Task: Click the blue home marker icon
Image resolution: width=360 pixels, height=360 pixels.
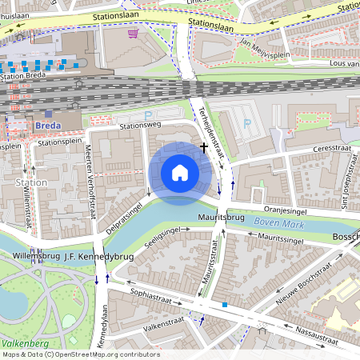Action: (x=180, y=173)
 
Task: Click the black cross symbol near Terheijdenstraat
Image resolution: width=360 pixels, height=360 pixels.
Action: (x=205, y=147)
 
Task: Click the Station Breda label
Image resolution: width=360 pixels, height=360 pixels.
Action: (x=25, y=76)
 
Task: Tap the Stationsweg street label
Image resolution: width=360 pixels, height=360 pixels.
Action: (x=139, y=126)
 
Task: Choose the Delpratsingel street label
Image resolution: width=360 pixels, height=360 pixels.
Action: (x=128, y=206)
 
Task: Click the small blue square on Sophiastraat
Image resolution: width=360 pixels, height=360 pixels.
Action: (x=226, y=305)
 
